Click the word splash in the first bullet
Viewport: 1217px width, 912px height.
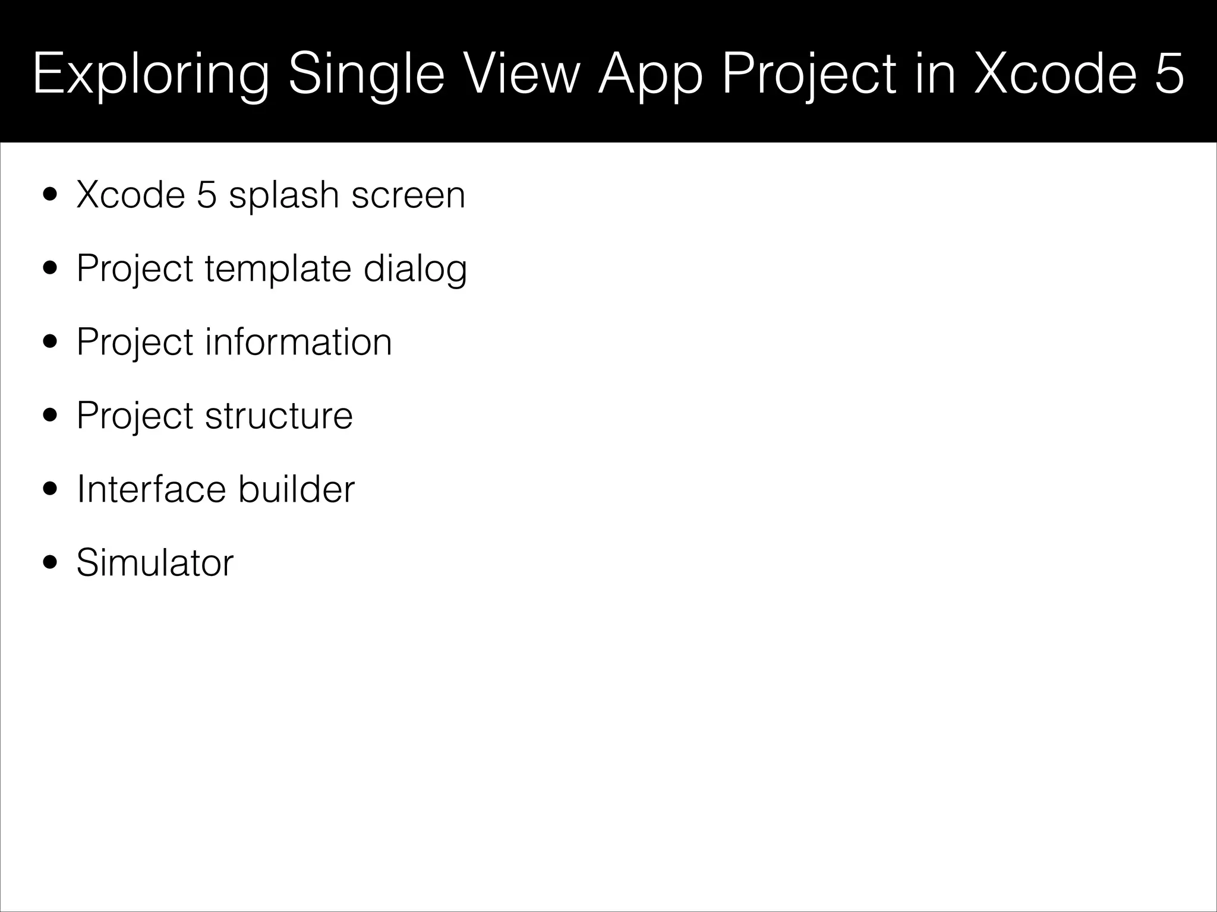point(283,195)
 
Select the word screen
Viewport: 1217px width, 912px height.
point(408,195)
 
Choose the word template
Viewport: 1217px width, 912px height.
point(278,269)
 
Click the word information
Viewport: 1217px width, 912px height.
point(298,342)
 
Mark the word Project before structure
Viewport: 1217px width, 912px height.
point(135,416)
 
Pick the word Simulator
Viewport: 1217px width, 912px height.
point(155,562)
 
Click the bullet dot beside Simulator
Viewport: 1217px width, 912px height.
point(51,562)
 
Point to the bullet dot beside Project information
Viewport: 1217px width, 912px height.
point(51,343)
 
